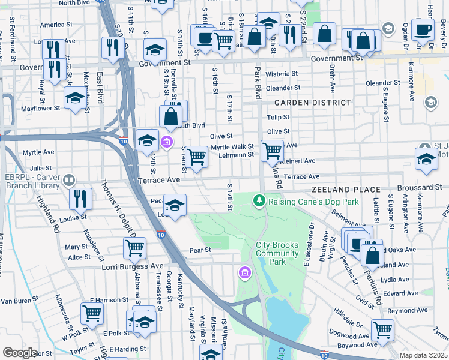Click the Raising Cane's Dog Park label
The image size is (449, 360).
(313, 202)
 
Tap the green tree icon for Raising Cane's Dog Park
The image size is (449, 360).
(259, 200)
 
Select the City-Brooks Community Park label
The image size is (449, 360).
(277, 253)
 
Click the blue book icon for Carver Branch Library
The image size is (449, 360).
(69, 180)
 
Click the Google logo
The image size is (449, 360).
(20, 353)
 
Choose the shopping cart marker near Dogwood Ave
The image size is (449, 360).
(382, 329)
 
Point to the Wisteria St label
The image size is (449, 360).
(277, 74)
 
